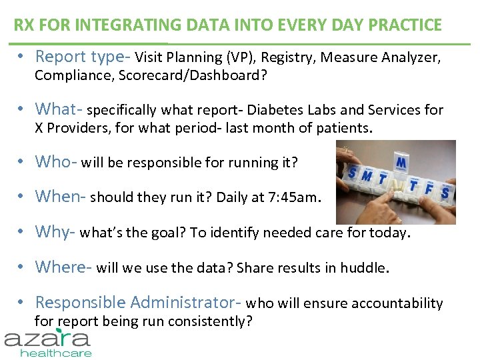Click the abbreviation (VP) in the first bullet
coord(239,58)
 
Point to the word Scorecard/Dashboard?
coord(192,75)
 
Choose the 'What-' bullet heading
coord(59,109)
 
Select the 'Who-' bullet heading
coord(56,161)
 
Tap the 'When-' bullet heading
coord(61,197)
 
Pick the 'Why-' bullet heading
coord(55,232)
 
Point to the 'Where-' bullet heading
coord(64,267)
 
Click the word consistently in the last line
coord(205,322)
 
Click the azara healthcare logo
coord(49,341)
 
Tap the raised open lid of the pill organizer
coord(401,162)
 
